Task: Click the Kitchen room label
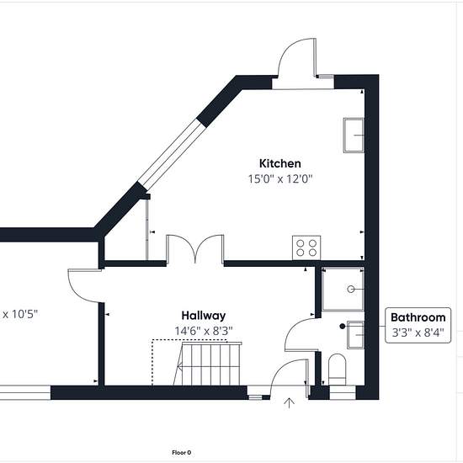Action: click(x=280, y=163)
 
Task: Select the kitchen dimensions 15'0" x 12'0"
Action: click(x=280, y=178)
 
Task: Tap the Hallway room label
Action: click(x=204, y=316)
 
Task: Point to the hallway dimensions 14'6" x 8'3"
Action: click(x=204, y=331)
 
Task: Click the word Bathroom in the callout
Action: click(x=418, y=317)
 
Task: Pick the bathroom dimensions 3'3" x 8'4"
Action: click(x=418, y=333)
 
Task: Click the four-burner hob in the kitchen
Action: click(x=306, y=247)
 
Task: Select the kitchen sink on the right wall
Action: click(x=354, y=136)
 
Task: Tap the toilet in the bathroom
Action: click(x=338, y=370)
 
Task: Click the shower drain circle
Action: click(x=351, y=289)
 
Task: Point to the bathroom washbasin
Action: click(x=355, y=334)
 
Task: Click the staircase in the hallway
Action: click(x=208, y=363)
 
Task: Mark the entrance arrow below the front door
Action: click(x=289, y=403)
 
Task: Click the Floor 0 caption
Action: click(x=182, y=452)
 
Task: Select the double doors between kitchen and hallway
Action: click(x=195, y=248)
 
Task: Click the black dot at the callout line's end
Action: click(x=343, y=327)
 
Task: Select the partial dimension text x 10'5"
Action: click(x=20, y=314)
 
